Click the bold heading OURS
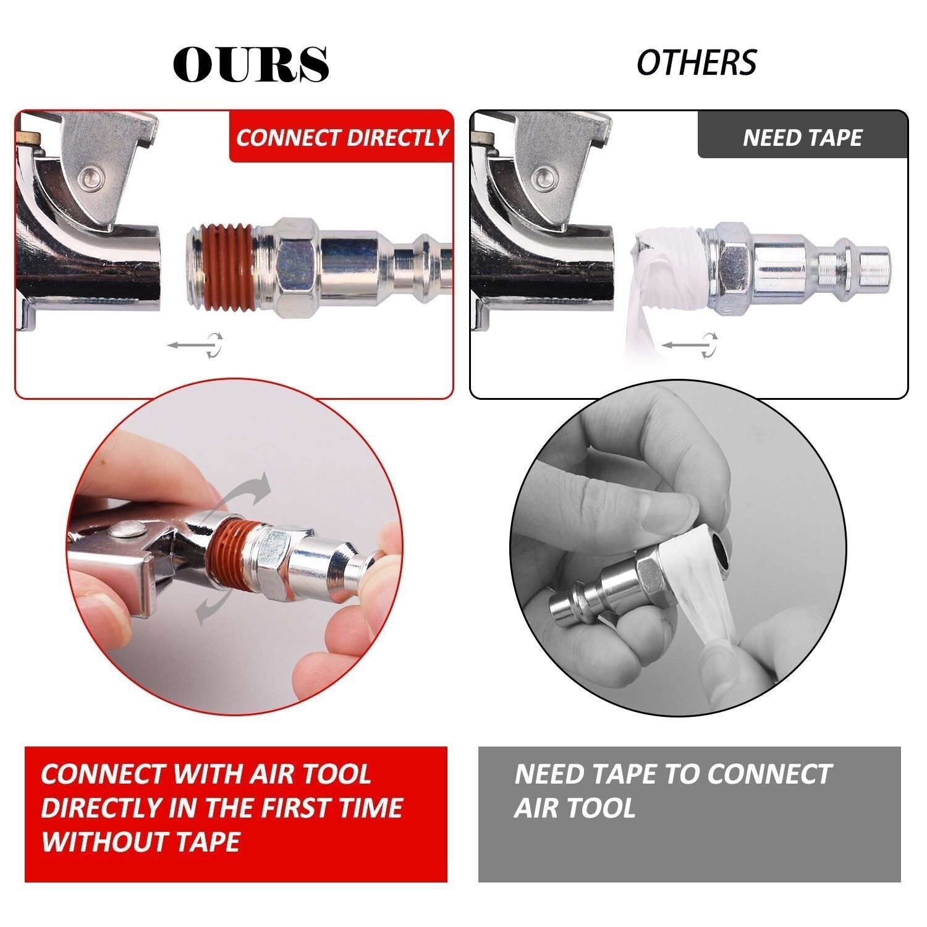pos(251,64)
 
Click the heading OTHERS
pos(696,62)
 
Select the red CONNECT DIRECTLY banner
pos(342,137)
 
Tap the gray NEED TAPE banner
pos(802,137)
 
